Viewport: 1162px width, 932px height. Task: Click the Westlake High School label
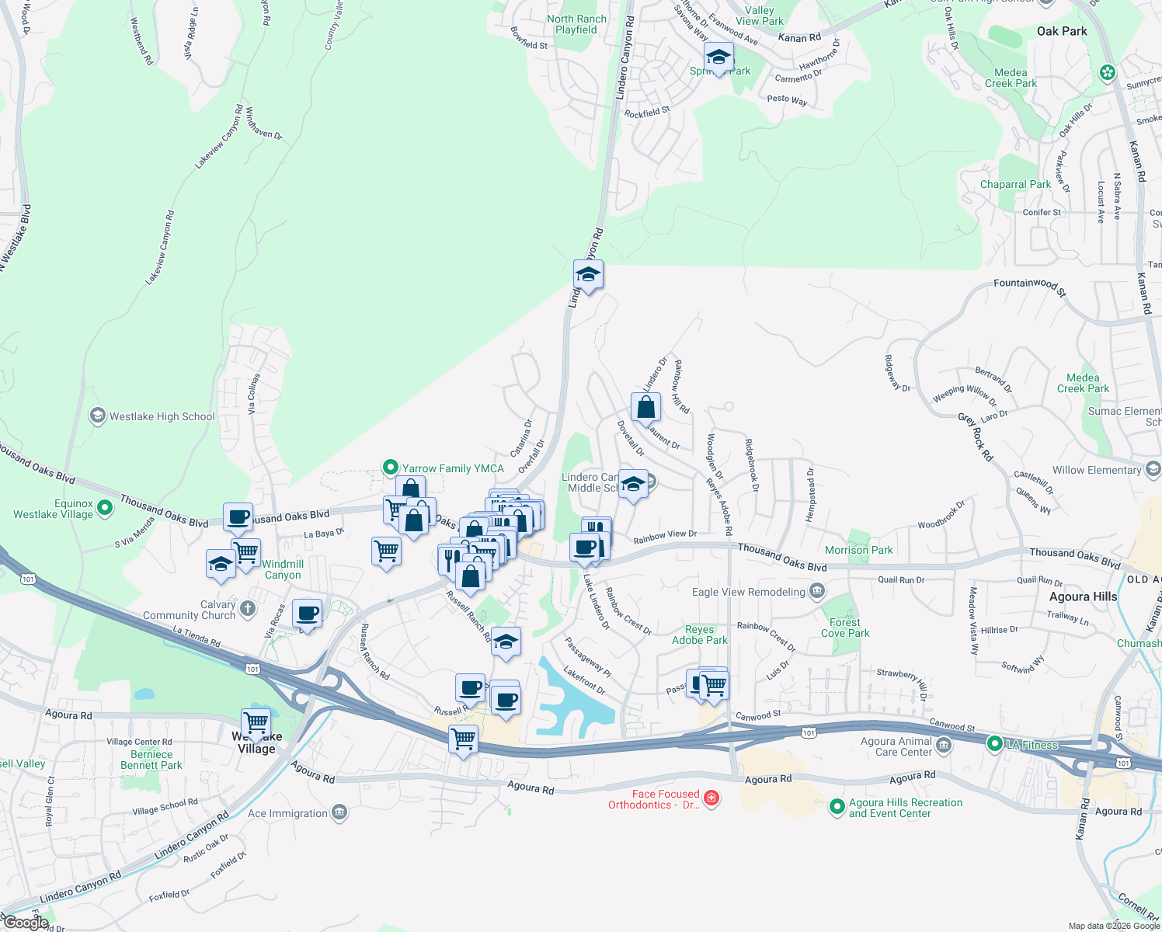[162, 417]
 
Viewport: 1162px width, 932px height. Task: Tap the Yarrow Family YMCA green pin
[391, 468]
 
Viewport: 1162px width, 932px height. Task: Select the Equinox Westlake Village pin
[106, 508]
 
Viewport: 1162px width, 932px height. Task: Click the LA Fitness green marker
[994, 744]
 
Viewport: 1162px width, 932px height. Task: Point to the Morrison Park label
[858, 550]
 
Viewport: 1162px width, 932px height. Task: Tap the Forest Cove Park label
[845, 628]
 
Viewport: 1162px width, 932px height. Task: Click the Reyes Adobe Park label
[699, 635]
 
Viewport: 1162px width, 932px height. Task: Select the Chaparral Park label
[1015, 184]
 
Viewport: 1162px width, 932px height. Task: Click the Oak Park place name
[1062, 31]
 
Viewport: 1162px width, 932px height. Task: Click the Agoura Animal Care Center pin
[944, 746]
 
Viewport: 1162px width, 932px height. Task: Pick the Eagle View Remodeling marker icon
[816, 592]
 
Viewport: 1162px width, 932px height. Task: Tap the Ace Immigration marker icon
[339, 813]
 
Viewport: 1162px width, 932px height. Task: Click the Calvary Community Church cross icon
[248, 608]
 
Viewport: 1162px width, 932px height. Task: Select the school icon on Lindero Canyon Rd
[588, 275]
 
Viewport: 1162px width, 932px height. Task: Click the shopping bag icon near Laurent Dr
[645, 406]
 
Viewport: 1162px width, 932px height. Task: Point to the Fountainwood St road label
[1029, 285]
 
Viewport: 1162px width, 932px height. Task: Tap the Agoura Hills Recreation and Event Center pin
[837, 807]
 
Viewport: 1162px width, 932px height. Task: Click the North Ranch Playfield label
[576, 24]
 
